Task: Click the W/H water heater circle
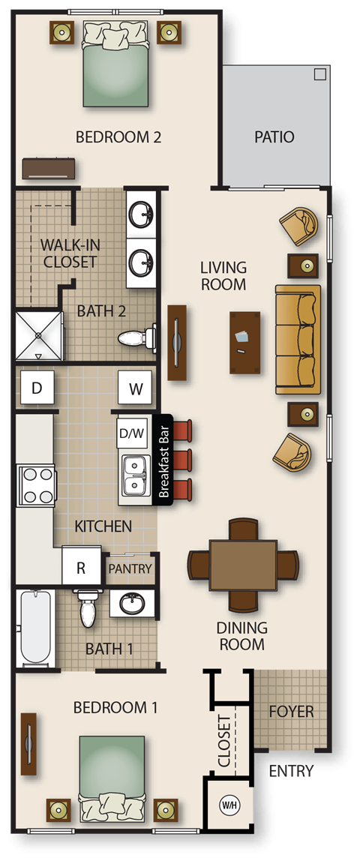(x=228, y=805)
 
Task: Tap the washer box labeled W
(x=135, y=388)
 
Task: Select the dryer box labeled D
(x=36, y=388)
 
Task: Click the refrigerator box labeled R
(x=81, y=568)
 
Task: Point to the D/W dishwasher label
(x=132, y=433)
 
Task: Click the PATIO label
(x=274, y=137)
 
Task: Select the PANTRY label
(x=130, y=569)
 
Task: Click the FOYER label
(x=291, y=712)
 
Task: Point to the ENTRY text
(x=291, y=771)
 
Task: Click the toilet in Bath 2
(x=137, y=338)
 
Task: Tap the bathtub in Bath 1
(x=35, y=628)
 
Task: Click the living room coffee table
(x=245, y=342)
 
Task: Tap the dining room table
(x=242, y=564)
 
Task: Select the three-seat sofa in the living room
(x=298, y=339)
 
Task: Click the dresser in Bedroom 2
(x=49, y=168)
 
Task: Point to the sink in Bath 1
(x=133, y=602)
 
